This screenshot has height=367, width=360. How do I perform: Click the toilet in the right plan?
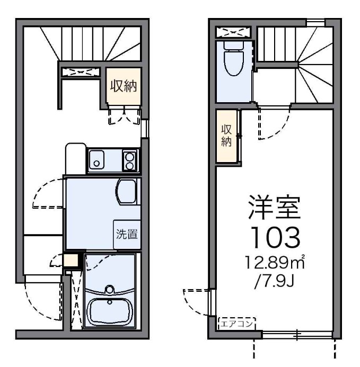(x=233, y=61)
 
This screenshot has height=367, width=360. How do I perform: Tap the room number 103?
(x=275, y=238)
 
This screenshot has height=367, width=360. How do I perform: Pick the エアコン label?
(x=236, y=321)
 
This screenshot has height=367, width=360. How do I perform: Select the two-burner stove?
(x=130, y=159)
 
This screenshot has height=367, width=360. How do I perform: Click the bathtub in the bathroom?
(x=109, y=311)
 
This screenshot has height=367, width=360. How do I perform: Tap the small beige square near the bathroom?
(x=71, y=261)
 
